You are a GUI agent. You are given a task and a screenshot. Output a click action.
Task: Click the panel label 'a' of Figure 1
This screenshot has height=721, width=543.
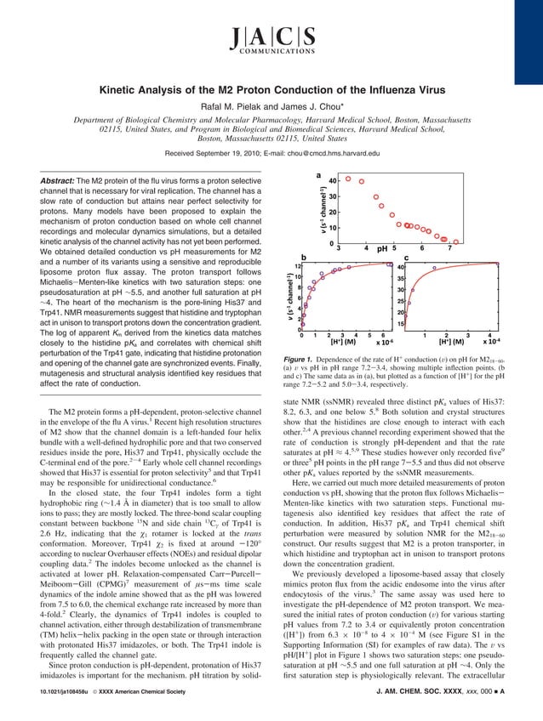[318, 176]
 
